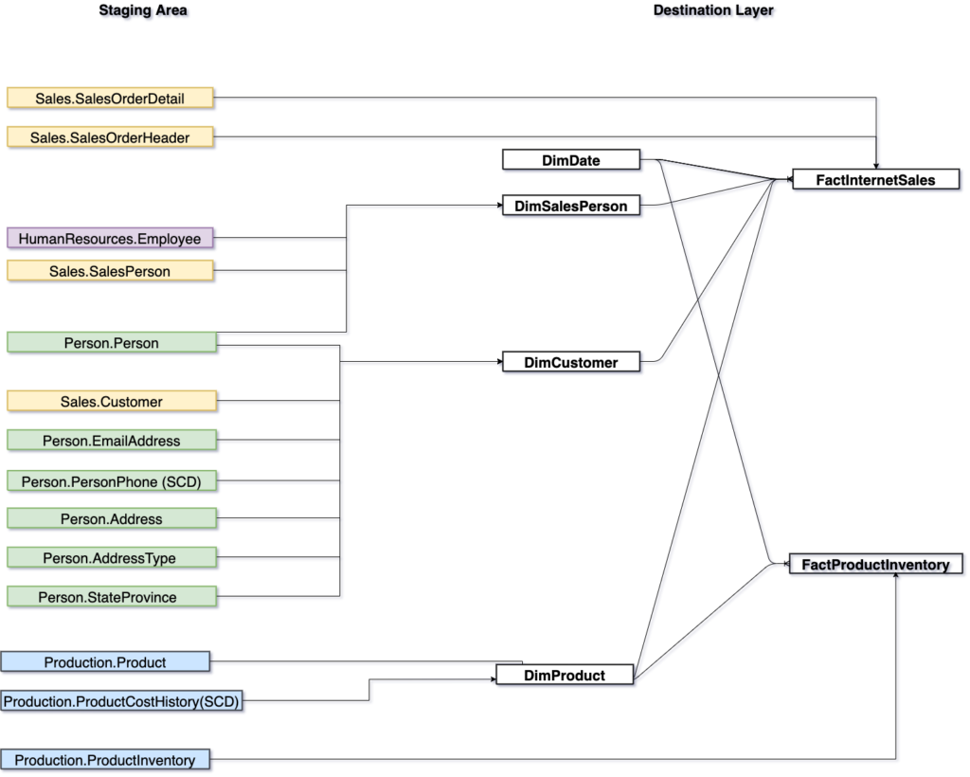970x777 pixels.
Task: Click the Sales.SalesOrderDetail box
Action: tap(110, 98)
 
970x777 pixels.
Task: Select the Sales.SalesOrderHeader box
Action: tap(110, 137)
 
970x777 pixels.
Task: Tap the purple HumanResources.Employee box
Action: tap(110, 239)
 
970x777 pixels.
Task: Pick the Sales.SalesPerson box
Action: tap(110, 271)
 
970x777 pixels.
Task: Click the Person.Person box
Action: tap(112, 342)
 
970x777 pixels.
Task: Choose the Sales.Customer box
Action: tap(112, 401)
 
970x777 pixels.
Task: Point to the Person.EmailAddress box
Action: tap(112, 441)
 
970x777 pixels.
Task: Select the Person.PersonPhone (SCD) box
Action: tap(112, 480)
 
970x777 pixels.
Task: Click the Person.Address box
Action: tap(112, 518)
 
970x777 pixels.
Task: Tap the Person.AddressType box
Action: tap(110, 558)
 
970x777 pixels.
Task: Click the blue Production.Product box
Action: tap(105, 661)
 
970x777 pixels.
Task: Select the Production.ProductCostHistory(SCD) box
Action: tap(121, 701)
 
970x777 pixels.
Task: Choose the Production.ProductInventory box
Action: tap(105, 759)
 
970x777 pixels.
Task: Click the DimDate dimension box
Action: tap(571, 160)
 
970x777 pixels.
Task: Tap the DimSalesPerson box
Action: tap(571, 205)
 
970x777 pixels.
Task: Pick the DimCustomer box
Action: tap(571, 361)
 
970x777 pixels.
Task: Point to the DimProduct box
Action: tap(565, 675)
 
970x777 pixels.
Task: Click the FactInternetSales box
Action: tap(876, 179)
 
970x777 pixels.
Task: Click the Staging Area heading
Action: tap(143, 10)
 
